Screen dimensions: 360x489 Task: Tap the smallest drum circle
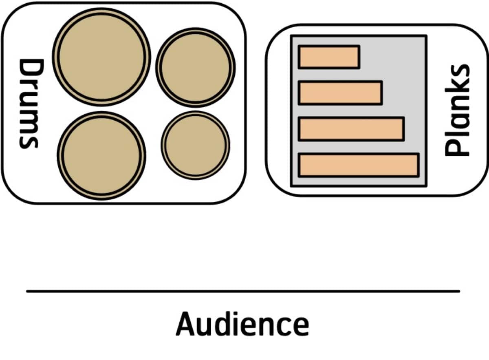[x=196, y=145]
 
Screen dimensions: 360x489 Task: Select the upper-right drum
[x=196, y=67]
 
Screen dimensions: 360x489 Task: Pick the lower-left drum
[x=101, y=155]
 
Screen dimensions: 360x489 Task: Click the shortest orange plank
[x=329, y=57]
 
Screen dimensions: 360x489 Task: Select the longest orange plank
[x=359, y=165]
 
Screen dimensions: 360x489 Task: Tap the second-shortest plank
[x=340, y=93]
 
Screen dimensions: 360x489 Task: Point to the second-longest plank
[x=351, y=129]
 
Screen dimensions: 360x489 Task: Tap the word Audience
[x=242, y=324]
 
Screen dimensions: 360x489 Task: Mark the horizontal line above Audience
[x=243, y=291]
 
